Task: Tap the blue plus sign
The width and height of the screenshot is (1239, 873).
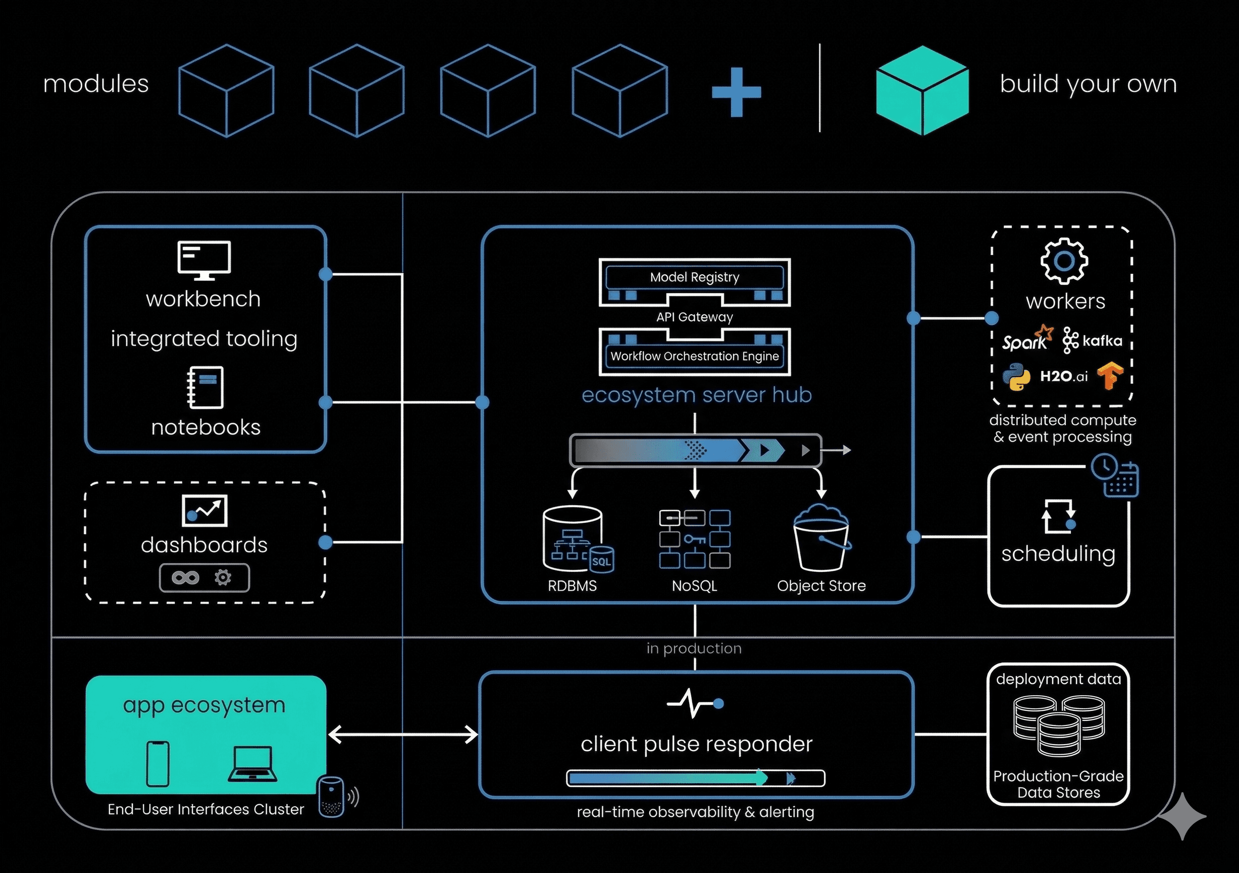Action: pos(736,92)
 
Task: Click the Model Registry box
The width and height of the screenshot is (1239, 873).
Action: pos(695,277)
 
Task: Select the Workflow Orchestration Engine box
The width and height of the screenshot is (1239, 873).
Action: pos(695,356)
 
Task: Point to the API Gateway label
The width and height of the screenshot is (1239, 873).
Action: pos(695,317)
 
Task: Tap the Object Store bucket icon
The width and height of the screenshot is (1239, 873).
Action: pos(821,538)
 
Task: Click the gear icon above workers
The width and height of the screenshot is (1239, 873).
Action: pos(1064,261)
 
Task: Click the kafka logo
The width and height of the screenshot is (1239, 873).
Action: pos(1092,340)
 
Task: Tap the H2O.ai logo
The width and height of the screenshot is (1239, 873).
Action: pos(1064,376)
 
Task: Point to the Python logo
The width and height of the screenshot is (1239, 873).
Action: pos(1016,377)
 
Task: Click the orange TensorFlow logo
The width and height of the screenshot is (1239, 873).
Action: pos(1109,376)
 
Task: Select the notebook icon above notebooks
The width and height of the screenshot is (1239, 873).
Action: pos(205,387)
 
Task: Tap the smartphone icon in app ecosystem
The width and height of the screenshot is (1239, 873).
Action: pos(158,763)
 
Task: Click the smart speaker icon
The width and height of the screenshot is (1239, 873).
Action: pos(331,796)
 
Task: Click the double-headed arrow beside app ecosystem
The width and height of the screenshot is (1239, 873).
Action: pos(402,734)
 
